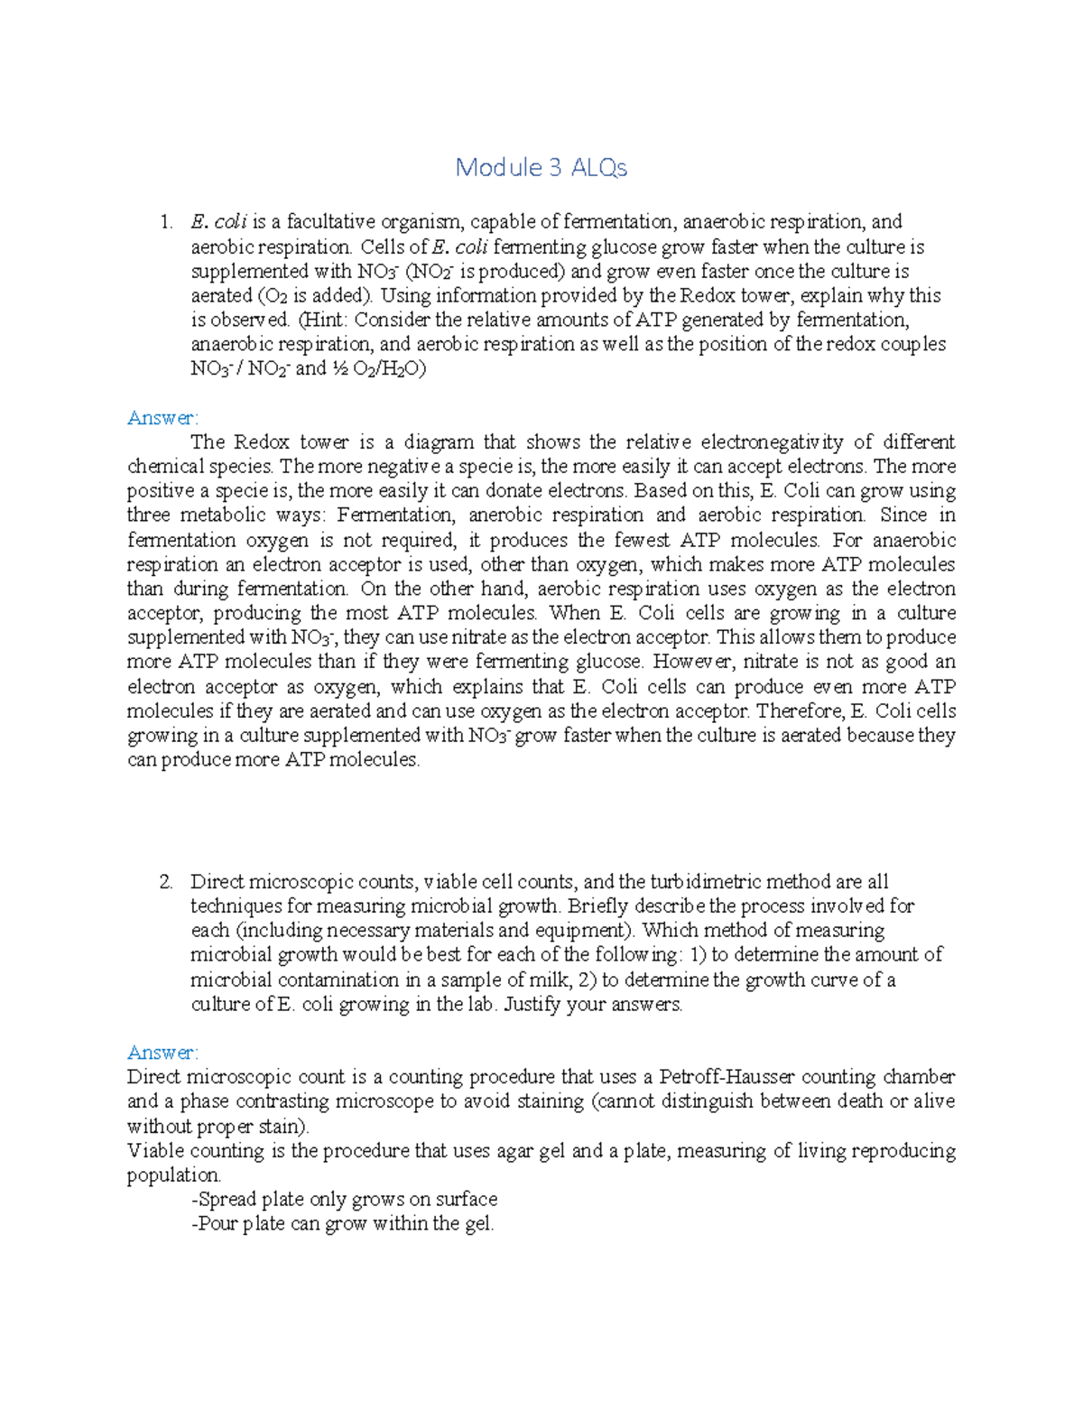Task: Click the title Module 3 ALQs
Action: pos(541,168)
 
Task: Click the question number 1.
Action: pos(164,222)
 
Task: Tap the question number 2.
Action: pos(165,882)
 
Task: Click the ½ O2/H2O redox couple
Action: pos(378,369)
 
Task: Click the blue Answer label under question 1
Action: pos(162,418)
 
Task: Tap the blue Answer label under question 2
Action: pos(162,1053)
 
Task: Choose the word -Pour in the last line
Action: pos(214,1224)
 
